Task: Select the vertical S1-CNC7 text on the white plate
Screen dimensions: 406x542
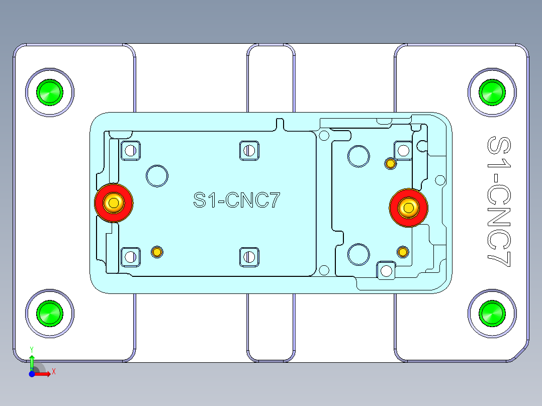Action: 499,201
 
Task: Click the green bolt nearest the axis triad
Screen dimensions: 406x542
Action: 50,313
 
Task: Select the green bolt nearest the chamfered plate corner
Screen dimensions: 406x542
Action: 492,314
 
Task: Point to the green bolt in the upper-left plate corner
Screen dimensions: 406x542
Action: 50,92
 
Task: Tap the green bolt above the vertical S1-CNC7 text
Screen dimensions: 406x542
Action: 492,92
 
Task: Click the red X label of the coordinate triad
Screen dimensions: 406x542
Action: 54,371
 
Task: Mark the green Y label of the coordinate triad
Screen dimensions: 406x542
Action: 32,348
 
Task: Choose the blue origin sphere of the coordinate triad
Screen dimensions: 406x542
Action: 31,374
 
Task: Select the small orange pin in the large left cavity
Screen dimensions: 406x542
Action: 157,252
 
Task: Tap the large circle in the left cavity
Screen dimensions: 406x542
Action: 157,176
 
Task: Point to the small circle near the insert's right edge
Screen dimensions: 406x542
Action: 440,180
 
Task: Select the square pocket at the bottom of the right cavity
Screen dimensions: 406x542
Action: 386,271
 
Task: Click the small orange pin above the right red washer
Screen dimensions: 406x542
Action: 390,163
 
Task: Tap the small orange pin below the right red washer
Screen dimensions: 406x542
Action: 403,251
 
